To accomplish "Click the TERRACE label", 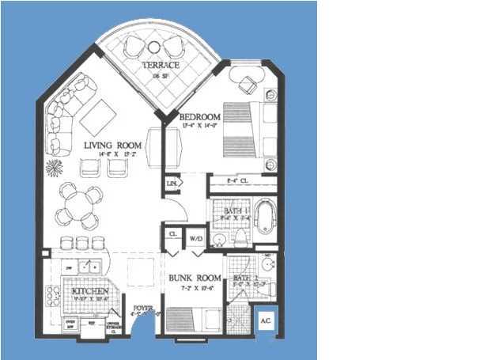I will pos(161,65).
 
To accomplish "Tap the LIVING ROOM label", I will pos(112,146).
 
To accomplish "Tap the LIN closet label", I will pos(172,184).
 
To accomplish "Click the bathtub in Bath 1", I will pos(265,217).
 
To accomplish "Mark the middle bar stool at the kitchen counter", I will pos(81,243).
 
